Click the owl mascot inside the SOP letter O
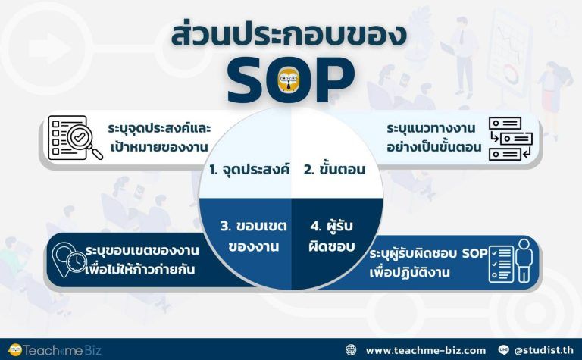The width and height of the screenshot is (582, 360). [x=289, y=80]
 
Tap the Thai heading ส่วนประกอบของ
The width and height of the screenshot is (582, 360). [x=289, y=36]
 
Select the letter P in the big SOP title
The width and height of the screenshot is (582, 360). [x=333, y=80]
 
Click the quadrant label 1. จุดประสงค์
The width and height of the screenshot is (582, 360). [x=249, y=169]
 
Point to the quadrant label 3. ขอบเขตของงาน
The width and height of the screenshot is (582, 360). [x=254, y=236]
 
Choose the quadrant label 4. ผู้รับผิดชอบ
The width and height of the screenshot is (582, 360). [x=331, y=236]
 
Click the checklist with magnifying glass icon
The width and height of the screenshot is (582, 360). [x=75, y=138]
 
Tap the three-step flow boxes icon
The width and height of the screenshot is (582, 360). [x=510, y=139]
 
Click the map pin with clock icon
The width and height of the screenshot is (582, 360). [x=70, y=259]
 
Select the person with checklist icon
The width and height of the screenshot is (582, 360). [x=510, y=261]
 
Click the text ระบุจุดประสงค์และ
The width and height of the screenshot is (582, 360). [x=159, y=128]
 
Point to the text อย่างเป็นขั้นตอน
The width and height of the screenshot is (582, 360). [x=434, y=147]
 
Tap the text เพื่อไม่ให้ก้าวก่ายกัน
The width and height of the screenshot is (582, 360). [x=139, y=269]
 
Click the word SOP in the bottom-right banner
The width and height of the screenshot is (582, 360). [x=474, y=253]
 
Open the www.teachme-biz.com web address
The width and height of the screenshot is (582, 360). [x=426, y=350]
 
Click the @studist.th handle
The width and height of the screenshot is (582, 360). [x=544, y=350]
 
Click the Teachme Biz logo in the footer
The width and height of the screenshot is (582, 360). [x=55, y=350]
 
